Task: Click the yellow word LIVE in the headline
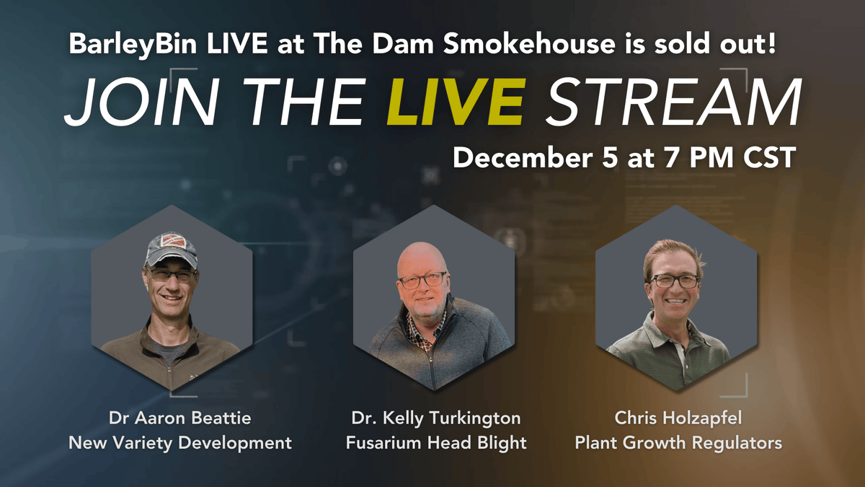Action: [x=455, y=103]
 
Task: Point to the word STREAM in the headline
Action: [x=673, y=103]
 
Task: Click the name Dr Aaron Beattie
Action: [x=180, y=418]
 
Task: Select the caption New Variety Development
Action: [x=180, y=442]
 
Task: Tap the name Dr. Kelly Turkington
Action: [x=436, y=418]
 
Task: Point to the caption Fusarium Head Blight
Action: [x=436, y=442]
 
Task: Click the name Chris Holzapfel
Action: [x=678, y=418]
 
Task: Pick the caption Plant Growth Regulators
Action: [x=678, y=442]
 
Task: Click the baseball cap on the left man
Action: [x=171, y=250]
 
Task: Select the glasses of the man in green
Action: [x=675, y=281]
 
